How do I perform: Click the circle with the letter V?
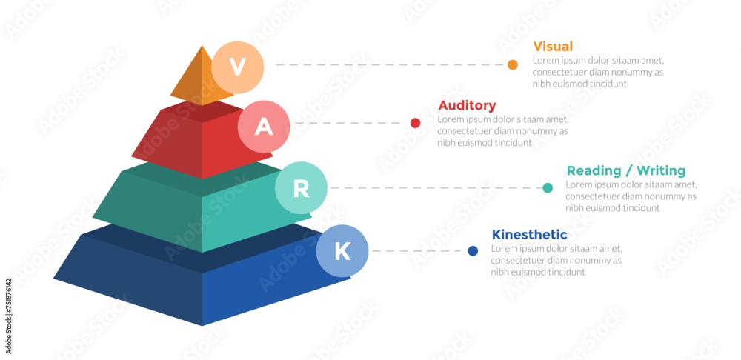[x=237, y=67]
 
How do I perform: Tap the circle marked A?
[x=264, y=127]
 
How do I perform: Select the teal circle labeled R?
[x=301, y=188]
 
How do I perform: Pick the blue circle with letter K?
[x=342, y=251]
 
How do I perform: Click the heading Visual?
[x=553, y=47]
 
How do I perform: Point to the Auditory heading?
[x=467, y=105]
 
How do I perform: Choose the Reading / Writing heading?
[x=625, y=170]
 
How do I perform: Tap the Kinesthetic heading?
[x=529, y=235]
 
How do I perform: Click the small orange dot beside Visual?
[x=513, y=65]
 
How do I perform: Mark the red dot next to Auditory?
[x=415, y=123]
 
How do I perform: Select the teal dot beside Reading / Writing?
[x=548, y=188]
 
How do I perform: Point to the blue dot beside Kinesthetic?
[x=473, y=251]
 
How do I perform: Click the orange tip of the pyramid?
[x=194, y=78]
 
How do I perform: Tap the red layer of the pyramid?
[x=193, y=141]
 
